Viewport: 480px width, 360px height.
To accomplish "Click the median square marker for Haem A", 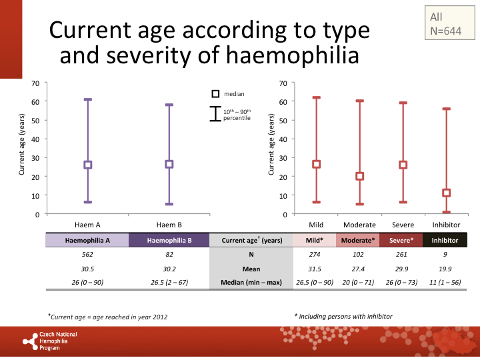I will tap(87, 165).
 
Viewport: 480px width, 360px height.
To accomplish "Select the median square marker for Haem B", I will tap(169, 164).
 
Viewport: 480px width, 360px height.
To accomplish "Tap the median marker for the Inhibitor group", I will tap(446, 193).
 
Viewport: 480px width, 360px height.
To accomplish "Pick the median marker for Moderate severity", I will tap(360, 177).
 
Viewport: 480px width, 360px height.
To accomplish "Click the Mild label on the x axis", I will tap(317, 225).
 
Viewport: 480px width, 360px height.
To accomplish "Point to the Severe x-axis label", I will tap(403, 225).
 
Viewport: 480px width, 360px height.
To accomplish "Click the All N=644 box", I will tap(446, 23).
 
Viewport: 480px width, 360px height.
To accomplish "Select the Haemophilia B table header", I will tap(169, 240).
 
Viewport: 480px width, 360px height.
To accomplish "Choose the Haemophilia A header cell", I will tap(87, 240).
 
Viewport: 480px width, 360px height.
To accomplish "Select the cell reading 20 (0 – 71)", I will tap(359, 282).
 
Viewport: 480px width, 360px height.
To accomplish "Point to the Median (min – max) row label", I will tap(251, 282).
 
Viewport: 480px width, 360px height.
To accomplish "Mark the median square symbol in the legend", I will tap(215, 95).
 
